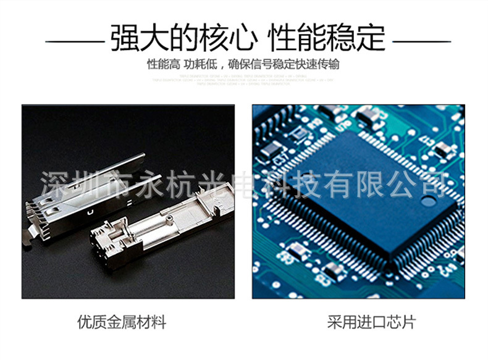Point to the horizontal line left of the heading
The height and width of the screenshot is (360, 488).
pos(75,41)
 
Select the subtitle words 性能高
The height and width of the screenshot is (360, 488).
pos(162,64)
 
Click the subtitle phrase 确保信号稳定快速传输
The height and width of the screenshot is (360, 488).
pos(284,64)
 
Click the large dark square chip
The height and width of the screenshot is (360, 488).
pos(371,191)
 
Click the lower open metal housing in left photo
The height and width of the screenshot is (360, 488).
pos(161,232)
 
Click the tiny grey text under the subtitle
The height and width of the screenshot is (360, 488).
pos(244,80)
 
